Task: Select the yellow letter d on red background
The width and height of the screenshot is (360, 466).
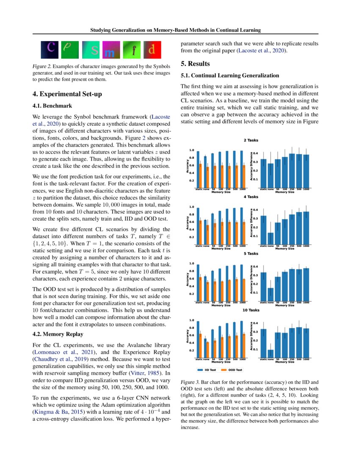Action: point(152,50)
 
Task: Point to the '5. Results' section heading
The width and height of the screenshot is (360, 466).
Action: point(195,64)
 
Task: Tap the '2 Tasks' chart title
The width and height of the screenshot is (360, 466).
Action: point(251,140)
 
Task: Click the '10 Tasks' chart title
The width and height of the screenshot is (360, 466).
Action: point(251,310)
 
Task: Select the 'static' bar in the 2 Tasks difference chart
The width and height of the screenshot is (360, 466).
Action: point(263,173)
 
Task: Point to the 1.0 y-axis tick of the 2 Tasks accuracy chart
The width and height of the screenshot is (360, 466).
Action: point(191,150)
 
